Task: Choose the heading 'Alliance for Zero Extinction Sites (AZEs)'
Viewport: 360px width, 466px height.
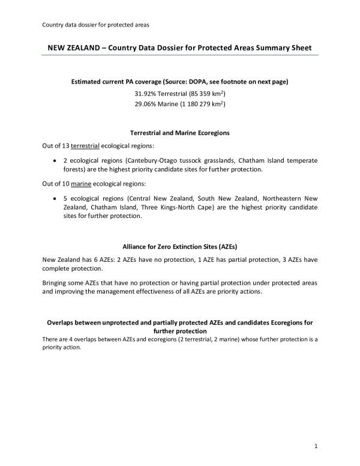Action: pyautogui.click(x=179, y=246)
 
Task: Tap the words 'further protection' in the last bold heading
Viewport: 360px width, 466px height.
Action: pyautogui.click(x=180, y=331)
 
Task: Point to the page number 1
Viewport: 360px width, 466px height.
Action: pyautogui.click(x=315, y=446)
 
